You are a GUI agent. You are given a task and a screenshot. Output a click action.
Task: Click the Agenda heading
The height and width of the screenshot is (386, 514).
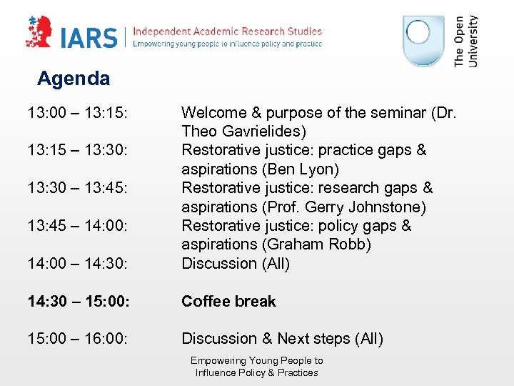74,79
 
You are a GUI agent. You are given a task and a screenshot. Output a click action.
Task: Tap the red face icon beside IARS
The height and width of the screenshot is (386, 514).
40,32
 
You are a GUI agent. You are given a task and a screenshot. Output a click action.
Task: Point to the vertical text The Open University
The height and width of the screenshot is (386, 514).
466,41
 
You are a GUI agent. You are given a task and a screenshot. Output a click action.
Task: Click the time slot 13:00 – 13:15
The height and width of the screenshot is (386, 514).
78,113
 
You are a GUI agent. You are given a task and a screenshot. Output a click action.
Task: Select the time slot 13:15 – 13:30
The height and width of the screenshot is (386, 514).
78,151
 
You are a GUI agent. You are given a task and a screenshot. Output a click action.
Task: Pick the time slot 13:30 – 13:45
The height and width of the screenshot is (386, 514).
78,189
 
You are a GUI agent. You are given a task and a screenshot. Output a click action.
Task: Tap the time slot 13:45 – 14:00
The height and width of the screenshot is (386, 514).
78,227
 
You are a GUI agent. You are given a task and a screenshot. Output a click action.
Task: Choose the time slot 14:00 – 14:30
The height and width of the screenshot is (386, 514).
78,264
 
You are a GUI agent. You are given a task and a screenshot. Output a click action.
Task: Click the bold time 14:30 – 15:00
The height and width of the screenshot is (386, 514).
79,302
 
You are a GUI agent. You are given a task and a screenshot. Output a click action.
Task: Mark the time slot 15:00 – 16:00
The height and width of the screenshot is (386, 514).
78,339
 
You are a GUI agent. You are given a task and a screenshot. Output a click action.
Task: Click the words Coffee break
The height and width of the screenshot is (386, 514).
228,302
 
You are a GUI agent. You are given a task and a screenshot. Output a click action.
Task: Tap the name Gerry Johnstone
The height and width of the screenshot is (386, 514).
364,207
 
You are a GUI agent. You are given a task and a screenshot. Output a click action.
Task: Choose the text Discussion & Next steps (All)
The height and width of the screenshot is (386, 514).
282,339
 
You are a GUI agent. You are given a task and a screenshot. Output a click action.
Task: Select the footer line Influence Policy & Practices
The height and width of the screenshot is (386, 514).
257,372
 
